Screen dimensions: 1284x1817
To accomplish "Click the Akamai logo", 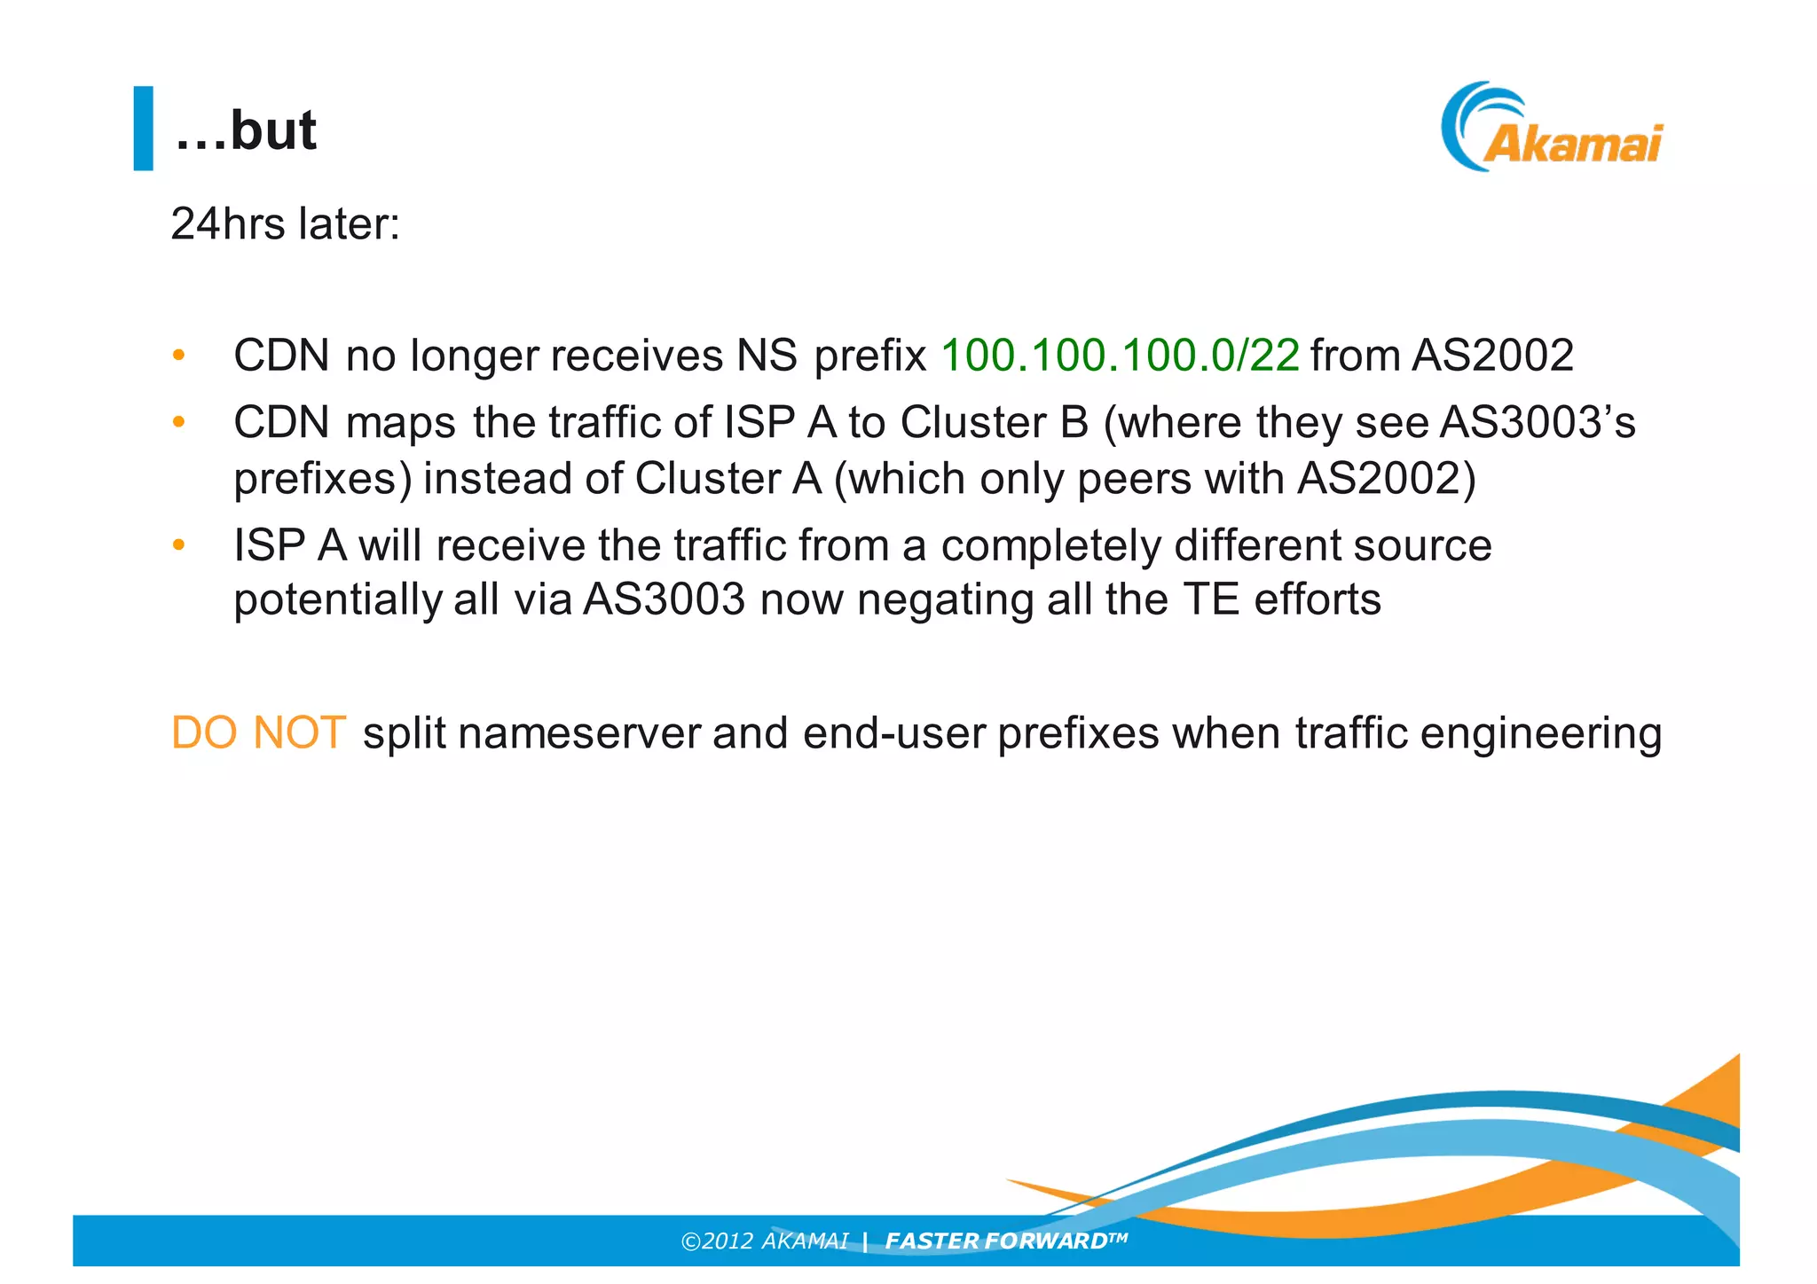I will click(x=1553, y=129).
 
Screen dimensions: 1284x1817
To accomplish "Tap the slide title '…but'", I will click(x=245, y=131).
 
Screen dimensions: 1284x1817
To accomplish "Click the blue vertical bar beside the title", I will click(x=143, y=128).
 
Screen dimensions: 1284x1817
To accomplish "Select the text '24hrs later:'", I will click(x=285, y=223).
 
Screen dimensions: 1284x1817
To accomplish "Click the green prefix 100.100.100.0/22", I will click(x=1120, y=356).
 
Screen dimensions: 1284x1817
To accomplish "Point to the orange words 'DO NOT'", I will click(x=257, y=733).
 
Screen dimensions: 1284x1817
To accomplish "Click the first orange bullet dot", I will click(x=178, y=356).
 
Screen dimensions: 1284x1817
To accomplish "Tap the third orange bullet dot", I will click(x=178, y=544).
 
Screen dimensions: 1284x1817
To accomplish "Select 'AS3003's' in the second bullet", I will click(x=1537, y=422).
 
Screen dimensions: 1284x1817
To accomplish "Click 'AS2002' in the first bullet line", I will click(x=1492, y=356).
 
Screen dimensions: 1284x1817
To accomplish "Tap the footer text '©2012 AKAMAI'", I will click(x=764, y=1241).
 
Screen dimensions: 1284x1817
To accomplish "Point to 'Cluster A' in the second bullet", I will click(x=728, y=479).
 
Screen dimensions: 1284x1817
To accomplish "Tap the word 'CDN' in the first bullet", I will click(x=281, y=356).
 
